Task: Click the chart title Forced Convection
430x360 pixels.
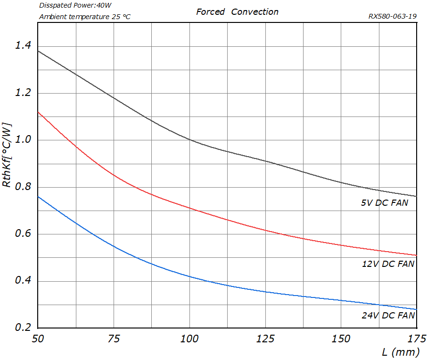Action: click(237, 12)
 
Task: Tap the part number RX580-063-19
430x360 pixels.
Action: click(393, 16)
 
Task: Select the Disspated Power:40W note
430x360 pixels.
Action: click(75, 6)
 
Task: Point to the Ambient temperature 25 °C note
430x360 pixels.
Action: click(84, 17)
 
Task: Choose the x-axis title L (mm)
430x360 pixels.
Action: click(400, 352)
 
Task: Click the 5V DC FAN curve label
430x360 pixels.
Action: click(385, 202)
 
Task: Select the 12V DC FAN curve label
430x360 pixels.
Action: click(388, 264)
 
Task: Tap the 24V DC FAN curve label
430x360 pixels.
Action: click(388, 315)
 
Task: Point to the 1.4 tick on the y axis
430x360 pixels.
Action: click(22, 46)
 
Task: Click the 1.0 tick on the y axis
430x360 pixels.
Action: click(22, 140)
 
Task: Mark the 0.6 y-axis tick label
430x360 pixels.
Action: click(22, 234)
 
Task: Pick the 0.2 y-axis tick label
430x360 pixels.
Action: click(22, 328)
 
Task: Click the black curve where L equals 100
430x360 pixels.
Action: click(189, 140)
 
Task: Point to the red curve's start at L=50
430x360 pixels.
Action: click(38, 112)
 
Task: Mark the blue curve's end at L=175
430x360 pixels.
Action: click(417, 309)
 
